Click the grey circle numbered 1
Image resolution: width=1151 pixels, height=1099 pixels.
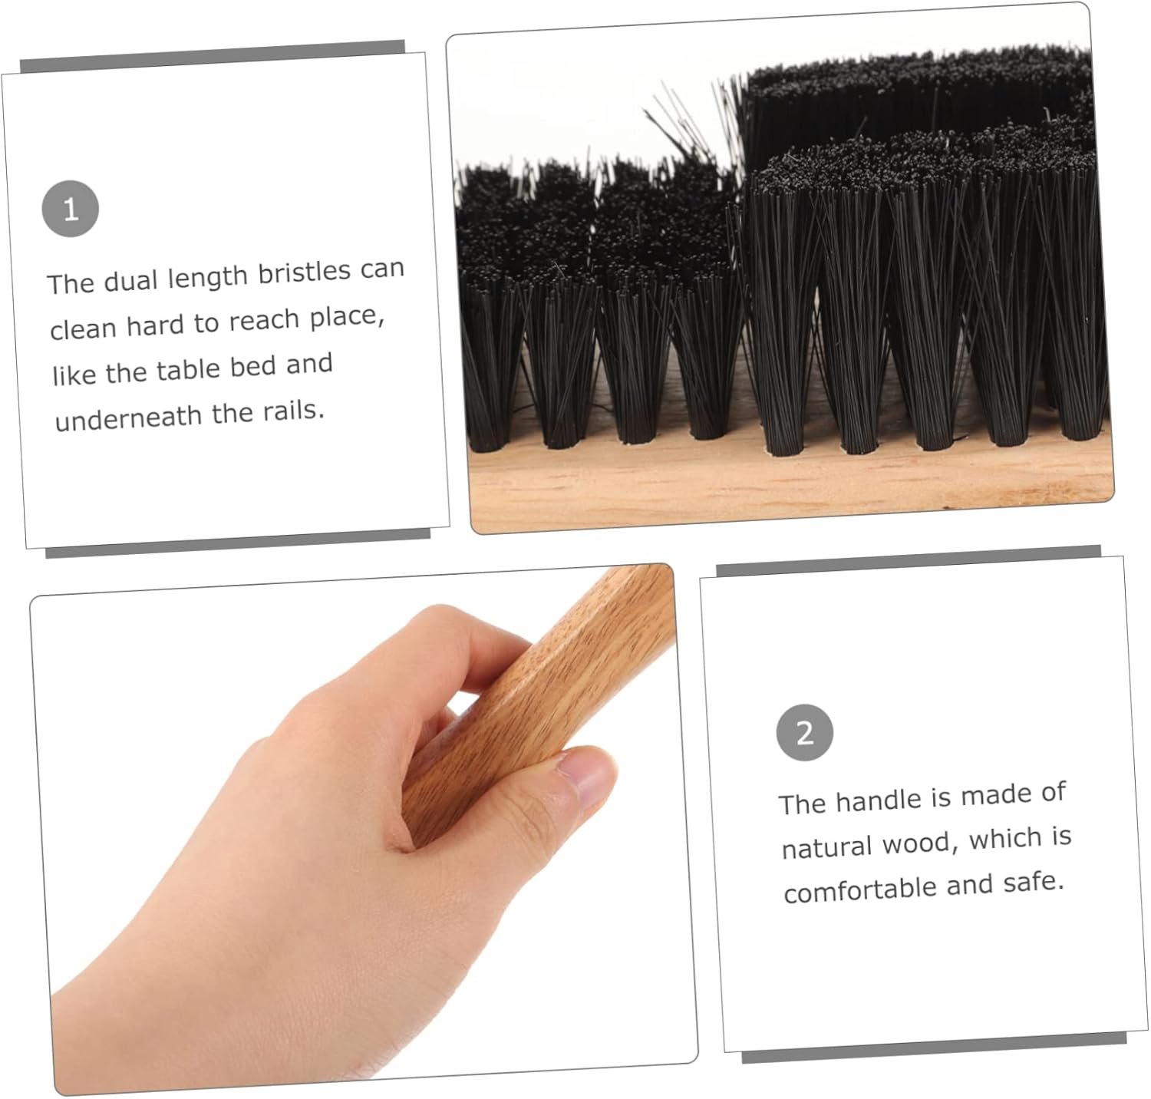pos(71,209)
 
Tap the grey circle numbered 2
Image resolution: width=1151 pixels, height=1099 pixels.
pos(804,733)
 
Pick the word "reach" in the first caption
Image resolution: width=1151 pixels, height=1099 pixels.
pos(264,320)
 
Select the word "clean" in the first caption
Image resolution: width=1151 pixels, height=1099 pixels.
pos(81,328)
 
